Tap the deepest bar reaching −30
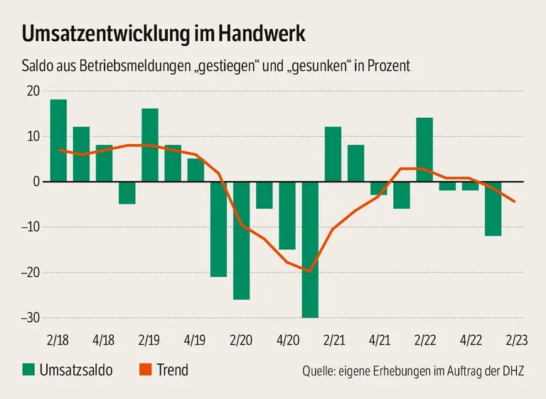point(310,249)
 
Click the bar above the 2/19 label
point(150,145)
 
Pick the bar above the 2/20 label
point(242,240)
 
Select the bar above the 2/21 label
point(333,154)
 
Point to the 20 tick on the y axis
point(33,91)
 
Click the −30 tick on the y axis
point(29,317)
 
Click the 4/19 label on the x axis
point(196,341)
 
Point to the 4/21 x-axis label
point(378,341)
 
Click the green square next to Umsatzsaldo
point(28,370)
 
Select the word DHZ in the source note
point(511,371)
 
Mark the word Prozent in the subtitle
point(387,66)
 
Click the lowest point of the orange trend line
point(309,271)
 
